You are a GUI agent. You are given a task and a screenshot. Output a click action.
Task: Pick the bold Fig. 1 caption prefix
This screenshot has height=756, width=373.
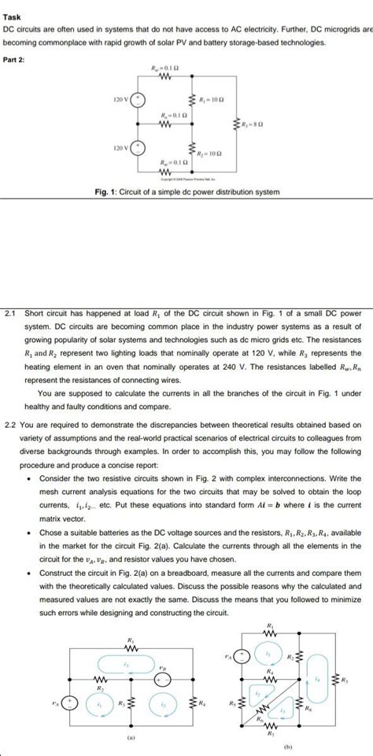tap(105, 192)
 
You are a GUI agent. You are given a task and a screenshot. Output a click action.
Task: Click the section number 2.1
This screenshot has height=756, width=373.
tap(10, 313)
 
